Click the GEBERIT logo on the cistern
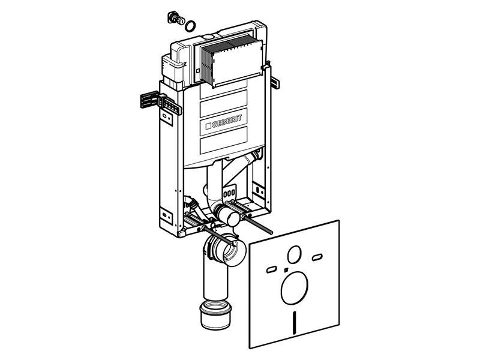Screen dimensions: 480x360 coord(224,122)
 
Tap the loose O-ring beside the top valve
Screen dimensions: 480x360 coord(190,26)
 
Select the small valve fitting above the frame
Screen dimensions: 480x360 coord(176,18)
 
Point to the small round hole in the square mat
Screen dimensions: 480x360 coord(295,254)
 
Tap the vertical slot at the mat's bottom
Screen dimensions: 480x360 coord(295,323)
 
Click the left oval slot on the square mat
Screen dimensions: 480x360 coord(272,269)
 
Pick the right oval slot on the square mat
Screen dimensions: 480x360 coord(317,257)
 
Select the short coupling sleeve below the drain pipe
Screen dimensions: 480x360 coord(215,315)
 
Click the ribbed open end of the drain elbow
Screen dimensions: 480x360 coord(229,250)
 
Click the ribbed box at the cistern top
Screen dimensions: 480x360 coord(232,61)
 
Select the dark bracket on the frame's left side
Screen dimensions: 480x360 coord(149,100)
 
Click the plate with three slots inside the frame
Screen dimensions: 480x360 coord(230,193)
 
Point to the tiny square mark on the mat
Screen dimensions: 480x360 coord(286,270)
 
